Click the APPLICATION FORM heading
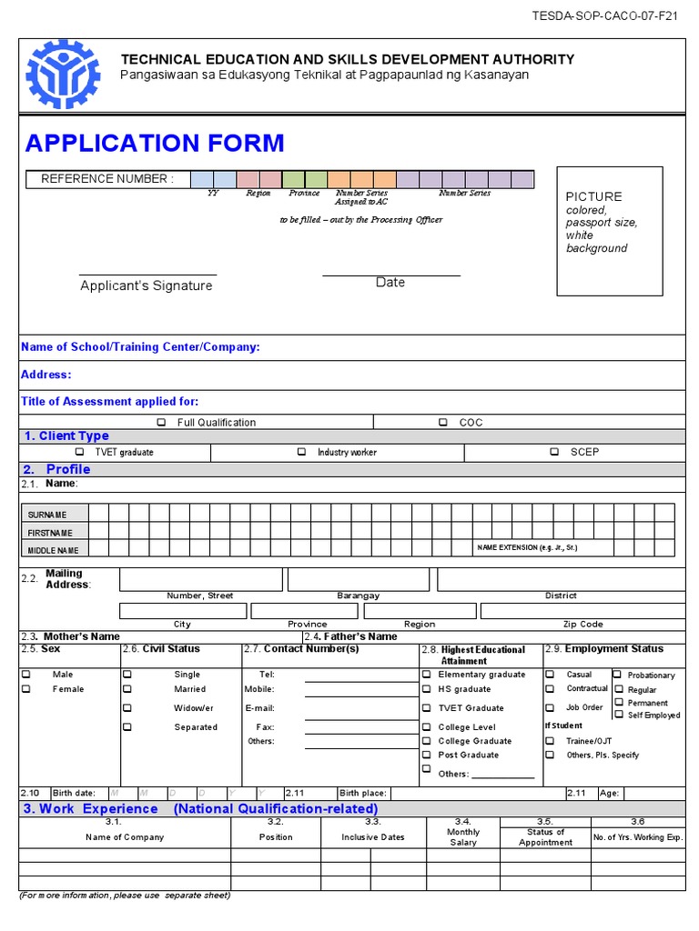tap(155, 144)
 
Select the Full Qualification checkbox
tap(161, 422)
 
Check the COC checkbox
tap(443, 422)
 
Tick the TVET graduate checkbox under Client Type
tap(79, 452)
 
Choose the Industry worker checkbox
tap(301, 452)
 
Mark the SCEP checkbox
tap(553, 452)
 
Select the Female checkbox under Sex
tap(26, 689)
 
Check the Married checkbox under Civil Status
tap(127, 689)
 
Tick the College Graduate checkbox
tap(426, 741)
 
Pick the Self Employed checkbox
tap(619, 715)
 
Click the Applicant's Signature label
tap(147, 285)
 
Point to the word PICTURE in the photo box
tap(593, 196)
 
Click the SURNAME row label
tap(47, 515)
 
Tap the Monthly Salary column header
tap(463, 837)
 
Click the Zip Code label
tap(582, 624)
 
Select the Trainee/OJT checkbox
tap(550, 741)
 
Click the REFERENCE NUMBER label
tap(106, 179)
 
